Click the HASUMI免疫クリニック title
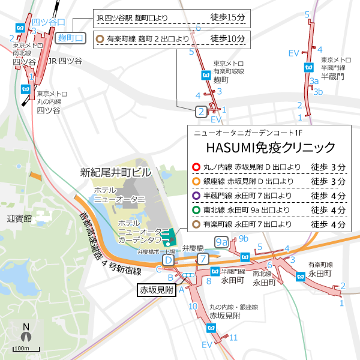coord(271,147)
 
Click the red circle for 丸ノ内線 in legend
coord(195,167)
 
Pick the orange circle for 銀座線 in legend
coord(195,181)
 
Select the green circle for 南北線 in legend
coord(195,211)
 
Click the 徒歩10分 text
coord(229,40)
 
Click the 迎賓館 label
coord(19,218)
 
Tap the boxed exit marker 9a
coord(221,242)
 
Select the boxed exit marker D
coord(169,260)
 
